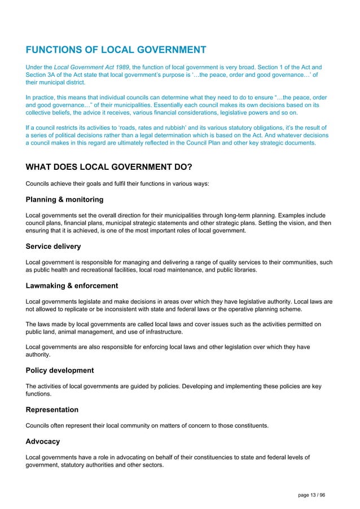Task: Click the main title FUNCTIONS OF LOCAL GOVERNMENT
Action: [x=116, y=50]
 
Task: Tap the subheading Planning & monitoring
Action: [x=64, y=200]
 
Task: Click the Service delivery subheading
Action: [x=53, y=247]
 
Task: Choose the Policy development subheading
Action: [x=60, y=371]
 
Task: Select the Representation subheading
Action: [x=52, y=410]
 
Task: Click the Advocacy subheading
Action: [x=43, y=441]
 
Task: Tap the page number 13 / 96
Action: [x=311, y=495]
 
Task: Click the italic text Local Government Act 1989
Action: [x=92, y=67]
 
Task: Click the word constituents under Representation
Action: [x=251, y=426]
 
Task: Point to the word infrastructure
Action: [x=161, y=332]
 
